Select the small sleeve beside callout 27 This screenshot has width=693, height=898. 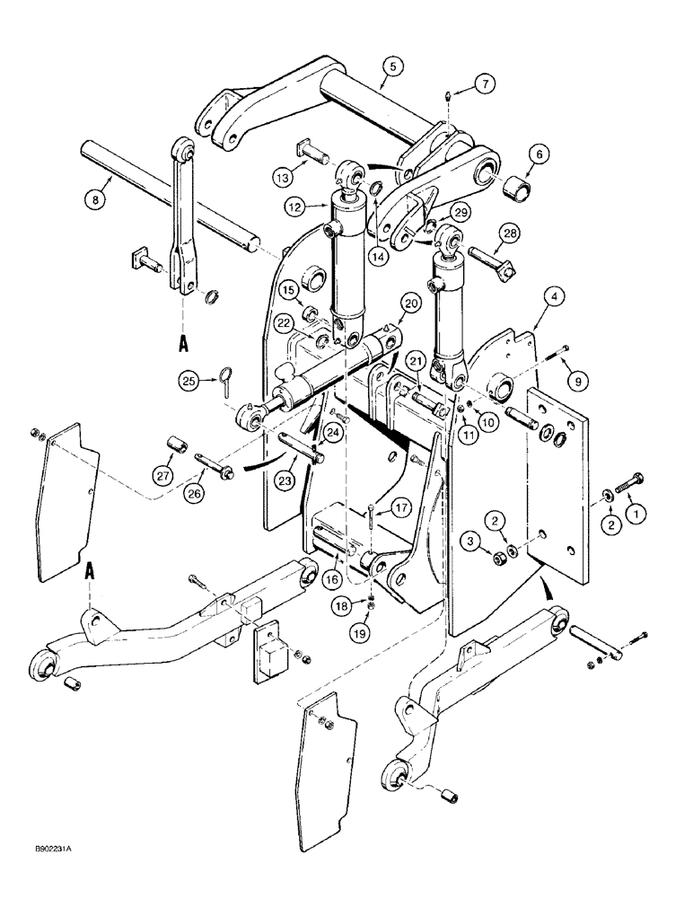pyautogui.click(x=175, y=445)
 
